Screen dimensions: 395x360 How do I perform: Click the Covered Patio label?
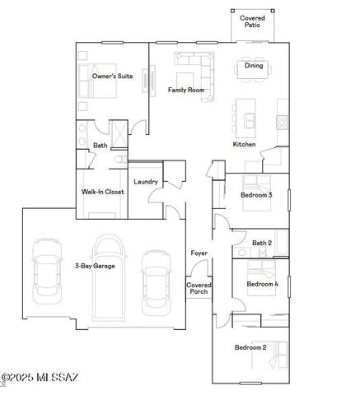(x=252, y=21)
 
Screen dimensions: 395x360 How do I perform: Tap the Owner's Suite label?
(x=112, y=76)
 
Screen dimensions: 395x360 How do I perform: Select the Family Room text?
(x=185, y=89)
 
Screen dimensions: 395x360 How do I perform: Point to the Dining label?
(x=254, y=66)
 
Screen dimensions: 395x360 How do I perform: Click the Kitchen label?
(x=244, y=144)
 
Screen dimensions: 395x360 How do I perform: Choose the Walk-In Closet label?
(x=102, y=191)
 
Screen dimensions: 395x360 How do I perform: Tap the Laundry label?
(x=145, y=181)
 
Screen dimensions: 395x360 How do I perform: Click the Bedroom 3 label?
(x=256, y=195)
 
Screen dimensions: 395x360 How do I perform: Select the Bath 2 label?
(x=262, y=243)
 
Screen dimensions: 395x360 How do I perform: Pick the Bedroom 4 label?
(x=264, y=285)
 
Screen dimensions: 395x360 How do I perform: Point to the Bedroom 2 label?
(x=250, y=347)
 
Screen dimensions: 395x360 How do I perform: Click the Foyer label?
(x=199, y=253)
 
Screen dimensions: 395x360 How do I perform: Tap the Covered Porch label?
(x=199, y=288)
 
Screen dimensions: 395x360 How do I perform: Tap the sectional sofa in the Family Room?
(x=195, y=67)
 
